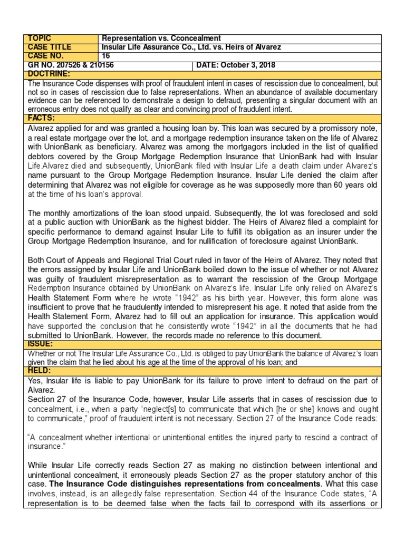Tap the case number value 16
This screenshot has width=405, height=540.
pyautogui.click(x=105, y=55)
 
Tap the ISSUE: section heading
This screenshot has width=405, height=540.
pyautogui.click(x=41, y=344)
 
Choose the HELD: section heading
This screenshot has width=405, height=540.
pyautogui.click(x=40, y=371)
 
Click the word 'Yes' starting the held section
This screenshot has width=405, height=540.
pyautogui.click(x=35, y=381)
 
